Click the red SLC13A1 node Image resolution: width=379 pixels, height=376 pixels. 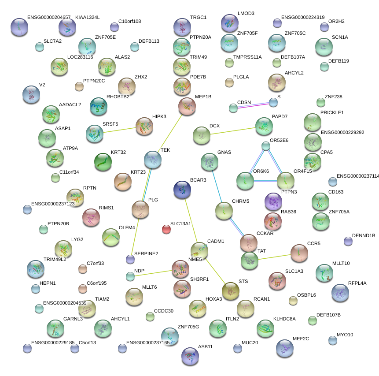166,229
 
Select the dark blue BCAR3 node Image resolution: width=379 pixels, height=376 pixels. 183,190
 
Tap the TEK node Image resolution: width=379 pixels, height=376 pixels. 153,160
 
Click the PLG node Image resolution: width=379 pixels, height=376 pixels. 140,209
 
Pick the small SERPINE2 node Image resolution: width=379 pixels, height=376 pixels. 130,259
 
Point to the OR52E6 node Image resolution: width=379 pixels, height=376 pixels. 265,146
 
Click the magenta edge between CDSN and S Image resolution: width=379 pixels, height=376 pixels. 253,105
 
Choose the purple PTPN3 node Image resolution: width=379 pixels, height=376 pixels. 273,201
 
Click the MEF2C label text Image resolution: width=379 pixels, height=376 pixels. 301,339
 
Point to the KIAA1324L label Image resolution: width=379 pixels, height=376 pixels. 87,18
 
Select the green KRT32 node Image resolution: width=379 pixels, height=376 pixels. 103,162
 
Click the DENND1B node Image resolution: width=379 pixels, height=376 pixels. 348,241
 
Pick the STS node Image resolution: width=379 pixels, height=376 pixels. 230,290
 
